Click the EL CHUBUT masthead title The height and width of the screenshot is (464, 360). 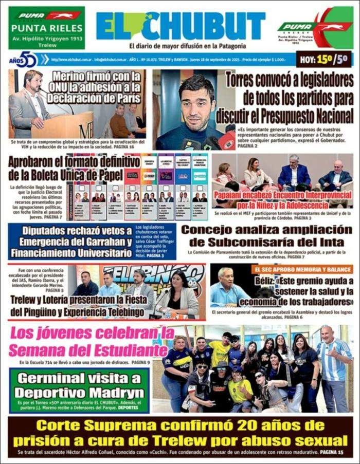pyautogui.click(x=180, y=25)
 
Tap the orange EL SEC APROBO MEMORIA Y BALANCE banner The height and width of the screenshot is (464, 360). pyautogui.click(x=302, y=269)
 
